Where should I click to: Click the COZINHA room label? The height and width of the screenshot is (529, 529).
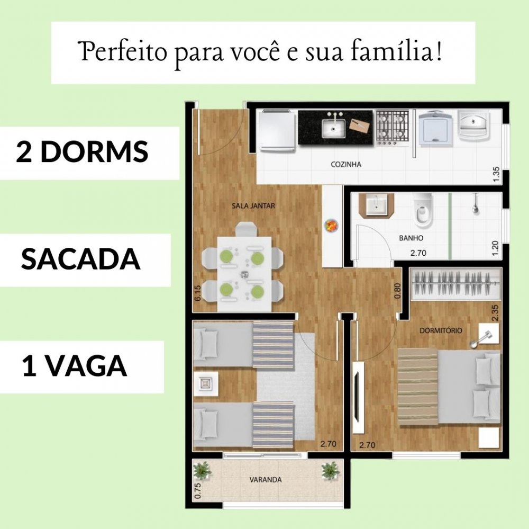(x=346, y=165)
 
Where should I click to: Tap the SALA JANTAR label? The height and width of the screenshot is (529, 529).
(x=253, y=205)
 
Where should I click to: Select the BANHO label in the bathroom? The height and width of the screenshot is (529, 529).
(x=411, y=238)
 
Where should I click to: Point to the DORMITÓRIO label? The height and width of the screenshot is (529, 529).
(x=441, y=331)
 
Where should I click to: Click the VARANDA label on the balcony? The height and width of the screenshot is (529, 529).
(x=266, y=480)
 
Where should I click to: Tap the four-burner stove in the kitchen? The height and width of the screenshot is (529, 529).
(x=393, y=127)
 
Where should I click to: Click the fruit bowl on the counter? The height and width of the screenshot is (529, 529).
(x=331, y=226)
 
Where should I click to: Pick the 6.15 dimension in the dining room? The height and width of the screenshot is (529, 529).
(x=197, y=293)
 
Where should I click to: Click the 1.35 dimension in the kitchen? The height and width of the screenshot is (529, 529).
(x=496, y=174)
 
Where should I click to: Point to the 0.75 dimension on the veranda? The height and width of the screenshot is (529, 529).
(x=198, y=490)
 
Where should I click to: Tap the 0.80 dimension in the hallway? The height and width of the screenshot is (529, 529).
(x=397, y=291)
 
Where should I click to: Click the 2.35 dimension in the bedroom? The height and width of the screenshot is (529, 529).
(x=495, y=313)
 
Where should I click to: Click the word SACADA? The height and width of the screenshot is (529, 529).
(x=80, y=259)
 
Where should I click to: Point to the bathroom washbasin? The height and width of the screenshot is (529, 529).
(x=376, y=205)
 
